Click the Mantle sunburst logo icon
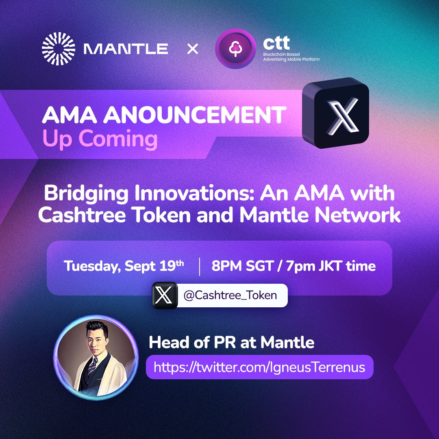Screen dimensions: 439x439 point(58,49)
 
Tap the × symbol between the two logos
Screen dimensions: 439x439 point(192,50)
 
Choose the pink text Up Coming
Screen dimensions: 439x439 point(100,139)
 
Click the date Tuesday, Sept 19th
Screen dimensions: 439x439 point(124,266)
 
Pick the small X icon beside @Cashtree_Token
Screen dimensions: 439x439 point(164,295)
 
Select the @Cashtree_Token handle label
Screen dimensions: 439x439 point(230,295)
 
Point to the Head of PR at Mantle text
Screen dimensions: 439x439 point(232,342)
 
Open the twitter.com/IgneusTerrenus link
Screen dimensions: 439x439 point(259,367)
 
